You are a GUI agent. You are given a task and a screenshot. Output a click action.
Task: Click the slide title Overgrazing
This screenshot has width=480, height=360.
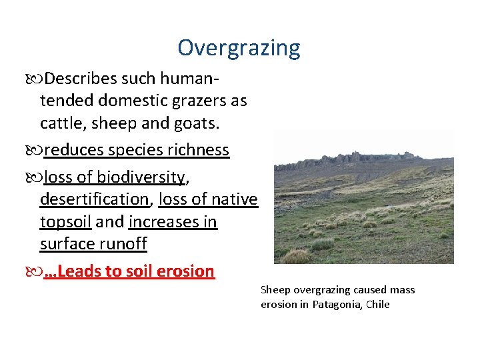239,48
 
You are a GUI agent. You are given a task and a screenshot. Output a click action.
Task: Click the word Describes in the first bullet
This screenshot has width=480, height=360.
81,79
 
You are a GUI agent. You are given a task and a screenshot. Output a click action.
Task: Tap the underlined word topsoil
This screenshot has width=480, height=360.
65,221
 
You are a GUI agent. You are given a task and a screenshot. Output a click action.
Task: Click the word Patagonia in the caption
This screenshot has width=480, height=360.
337,305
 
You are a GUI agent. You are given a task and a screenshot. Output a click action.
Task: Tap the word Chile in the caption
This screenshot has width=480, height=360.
377,305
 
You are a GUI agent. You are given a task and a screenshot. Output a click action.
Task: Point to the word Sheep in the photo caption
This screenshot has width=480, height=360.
275,290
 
